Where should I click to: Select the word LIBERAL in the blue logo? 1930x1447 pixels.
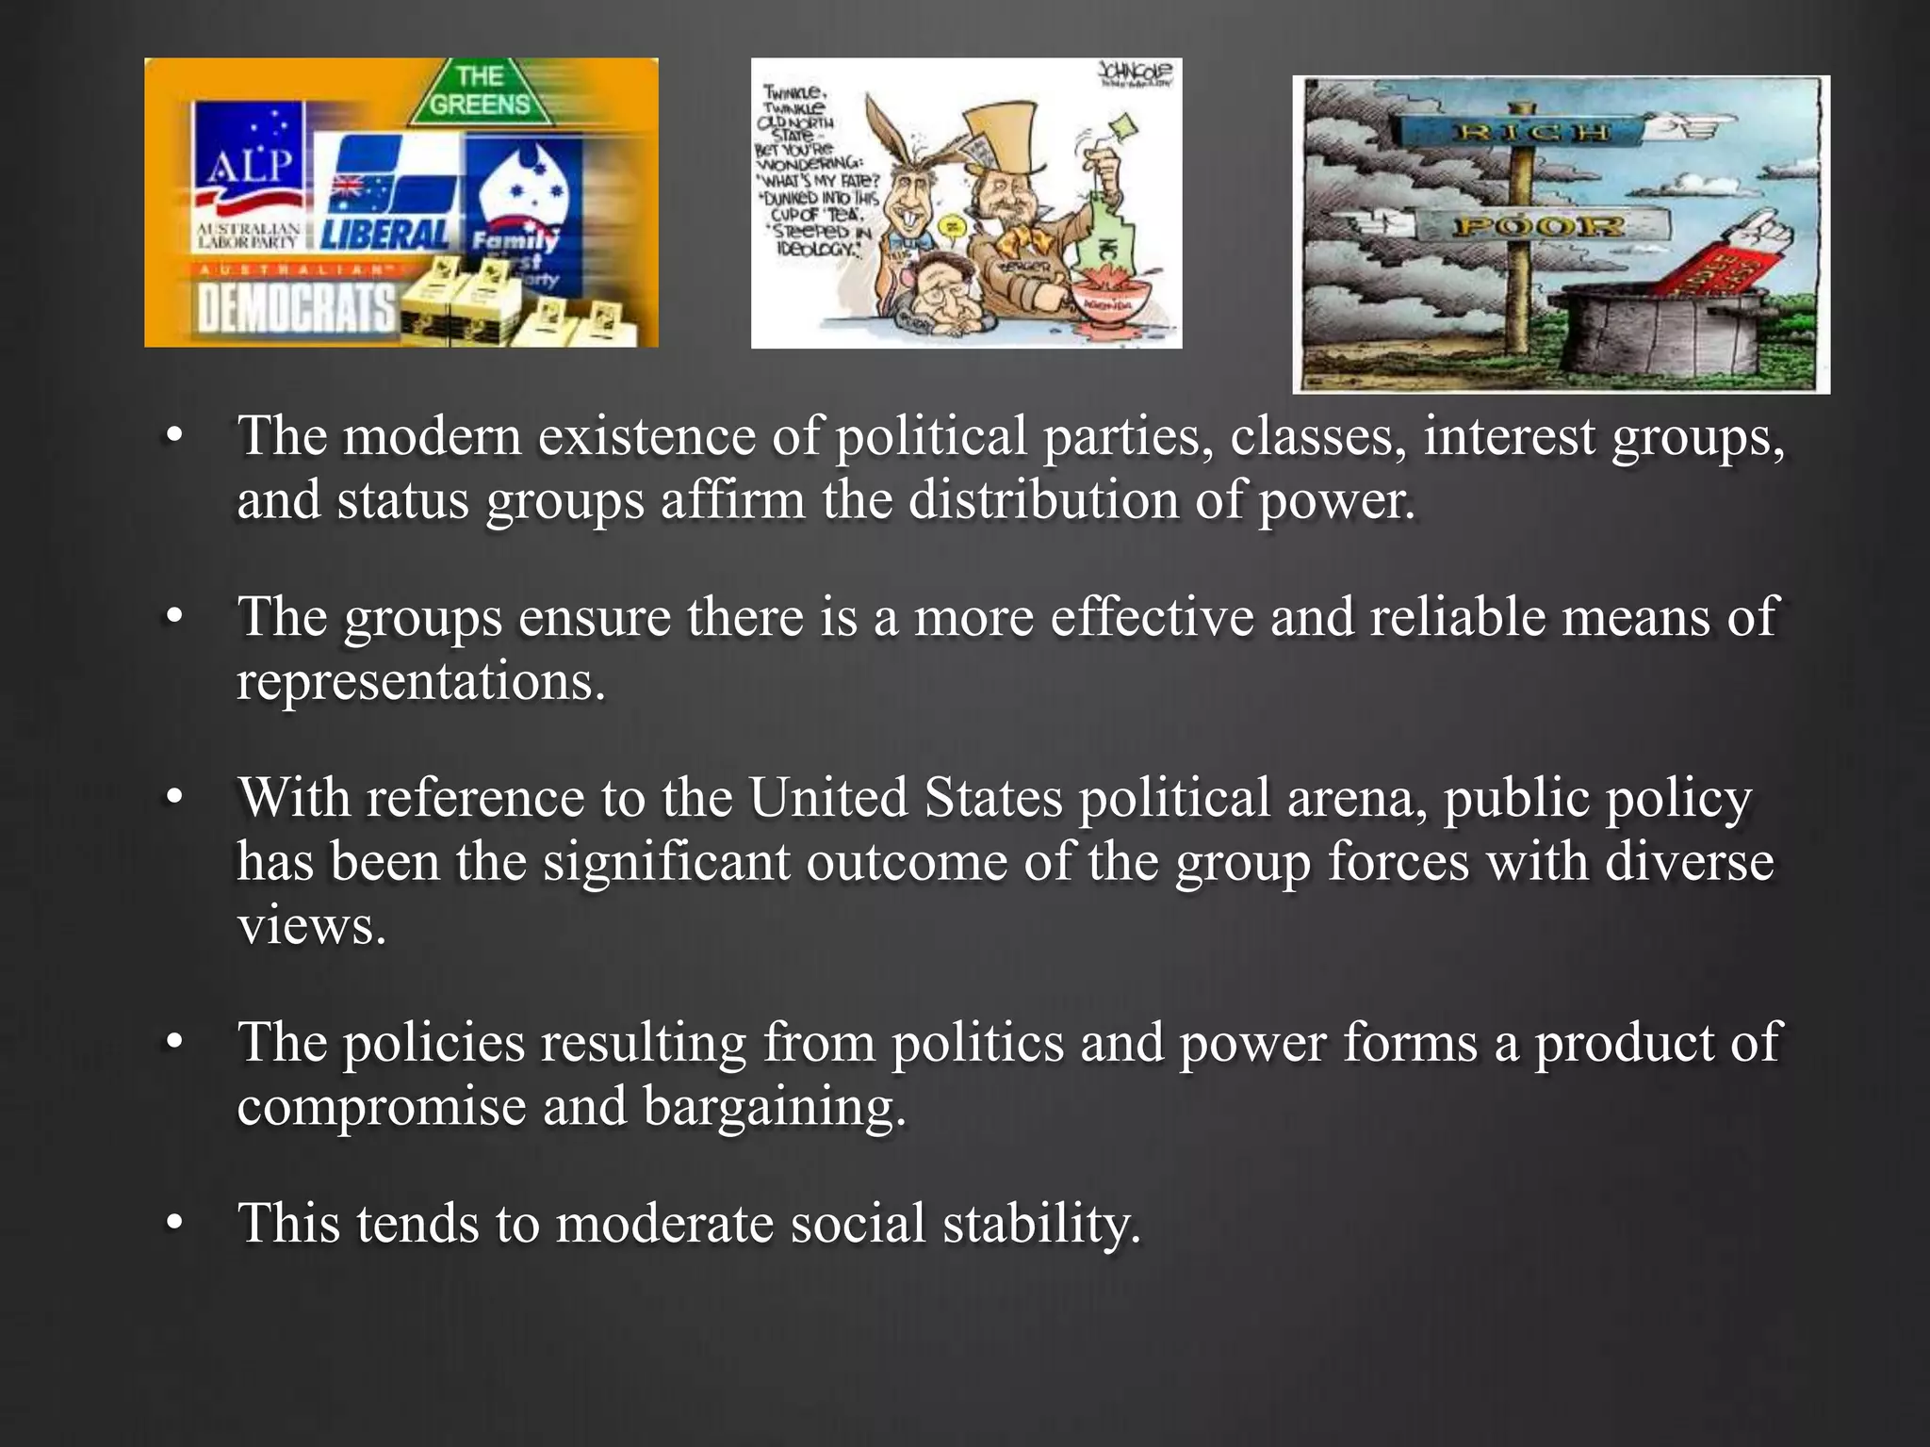[385, 233]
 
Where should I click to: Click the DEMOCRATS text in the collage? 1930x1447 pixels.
[296, 309]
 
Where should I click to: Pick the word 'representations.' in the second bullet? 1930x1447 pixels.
[421, 680]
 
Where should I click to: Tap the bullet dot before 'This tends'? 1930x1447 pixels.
[173, 1224]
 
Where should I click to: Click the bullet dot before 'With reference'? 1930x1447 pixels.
[173, 799]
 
